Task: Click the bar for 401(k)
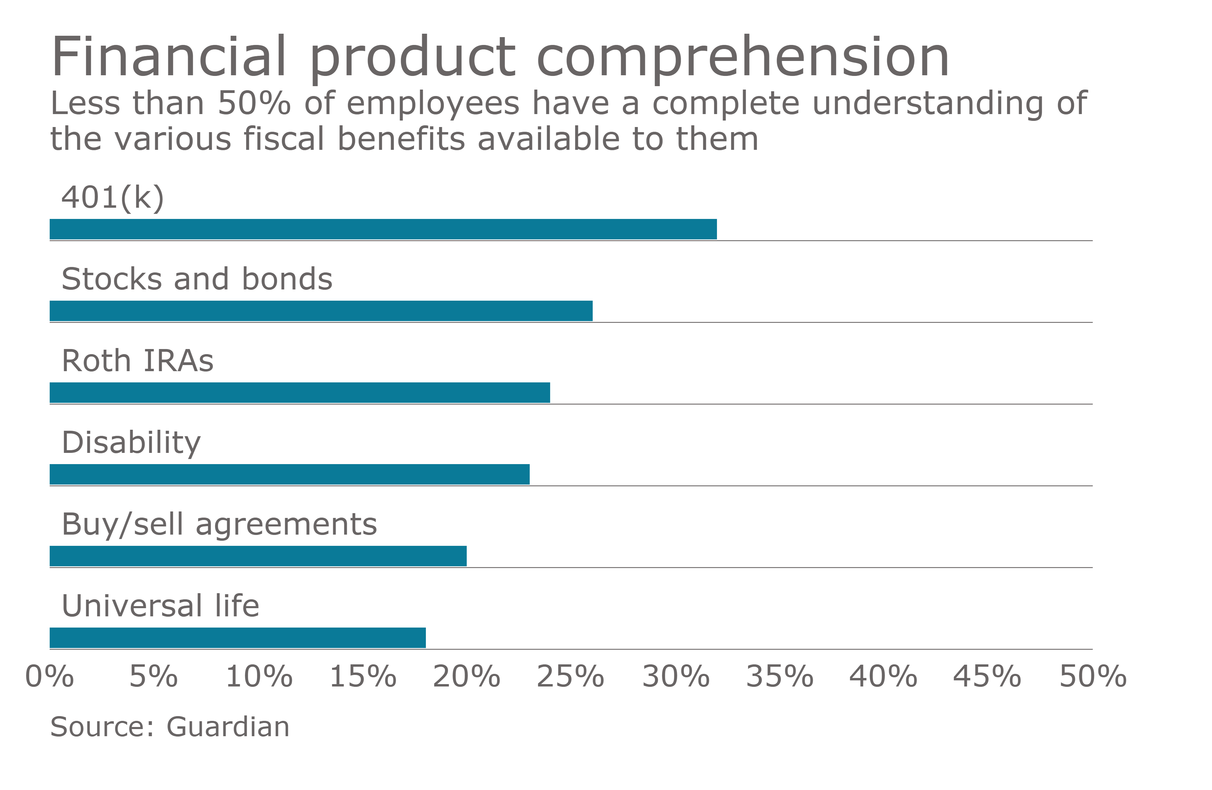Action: [x=383, y=229]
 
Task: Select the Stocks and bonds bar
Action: [x=321, y=311]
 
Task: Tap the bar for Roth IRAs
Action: [x=300, y=393]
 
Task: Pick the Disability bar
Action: [x=289, y=474]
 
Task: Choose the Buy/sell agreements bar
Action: [x=258, y=556]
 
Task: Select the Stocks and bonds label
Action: [x=196, y=279]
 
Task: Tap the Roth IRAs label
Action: [x=138, y=361]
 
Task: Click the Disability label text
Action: [x=131, y=443]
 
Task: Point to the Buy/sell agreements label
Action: [x=219, y=525]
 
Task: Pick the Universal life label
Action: [x=160, y=606]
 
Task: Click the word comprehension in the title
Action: [x=743, y=57]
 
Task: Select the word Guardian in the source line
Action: [x=228, y=727]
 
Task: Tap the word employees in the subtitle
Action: [x=432, y=104]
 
